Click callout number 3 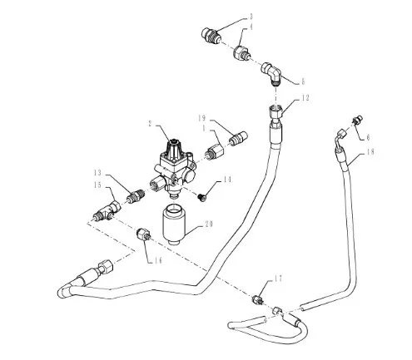tap(251, 17)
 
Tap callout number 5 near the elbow tap(303, 81)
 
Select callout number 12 tap(305, 98)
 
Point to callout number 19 tap(202, 118)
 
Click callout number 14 tap(227, 180)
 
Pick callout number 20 tap(208, 224)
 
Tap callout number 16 tap(158, 260)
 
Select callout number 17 tap(279, 279)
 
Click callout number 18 tap(370, 151)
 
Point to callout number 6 tap(368, 137)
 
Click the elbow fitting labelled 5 tap(271, 72)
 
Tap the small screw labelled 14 tap(201, 197)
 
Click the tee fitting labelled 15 tap(107, 211)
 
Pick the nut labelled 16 tap(144, 234)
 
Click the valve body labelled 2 tap(175, 169)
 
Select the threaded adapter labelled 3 tap(211, 36)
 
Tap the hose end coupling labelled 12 tap(275, 114)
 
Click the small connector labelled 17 tap(258, 300)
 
